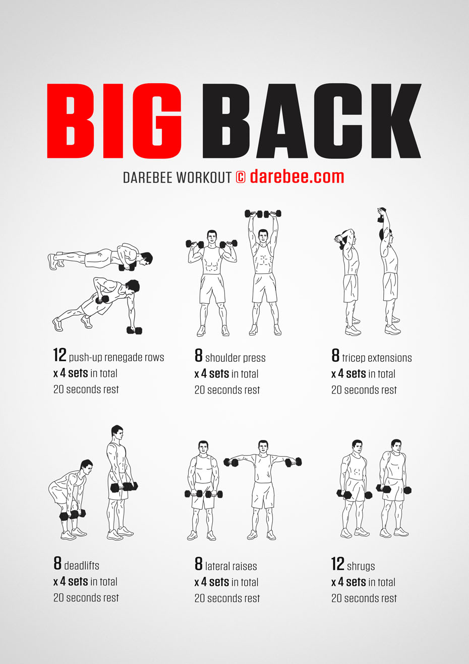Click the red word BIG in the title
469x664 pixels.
point(114,121)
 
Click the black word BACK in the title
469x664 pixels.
point(312,121)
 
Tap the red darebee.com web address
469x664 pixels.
point(297,177)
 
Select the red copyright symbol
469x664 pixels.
point(241,177)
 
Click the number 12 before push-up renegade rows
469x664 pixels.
point(60,355)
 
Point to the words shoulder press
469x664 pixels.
point(235,358)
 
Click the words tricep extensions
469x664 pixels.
point(377,358)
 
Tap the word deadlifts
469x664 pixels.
point(82,566)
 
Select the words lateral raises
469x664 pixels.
point(231,566)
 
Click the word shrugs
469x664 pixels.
point(361,567)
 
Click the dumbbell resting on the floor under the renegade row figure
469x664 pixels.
point(134,330)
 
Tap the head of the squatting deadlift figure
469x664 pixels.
point(87,467)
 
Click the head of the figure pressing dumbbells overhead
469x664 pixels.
point(263,236)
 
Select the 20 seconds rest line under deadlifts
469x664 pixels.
point(86,597)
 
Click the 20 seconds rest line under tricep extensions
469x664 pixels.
point(364,390)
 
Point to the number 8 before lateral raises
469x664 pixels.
point(199,564)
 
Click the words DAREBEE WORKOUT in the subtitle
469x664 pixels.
point(177,177)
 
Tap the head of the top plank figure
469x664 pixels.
point(146,258)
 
